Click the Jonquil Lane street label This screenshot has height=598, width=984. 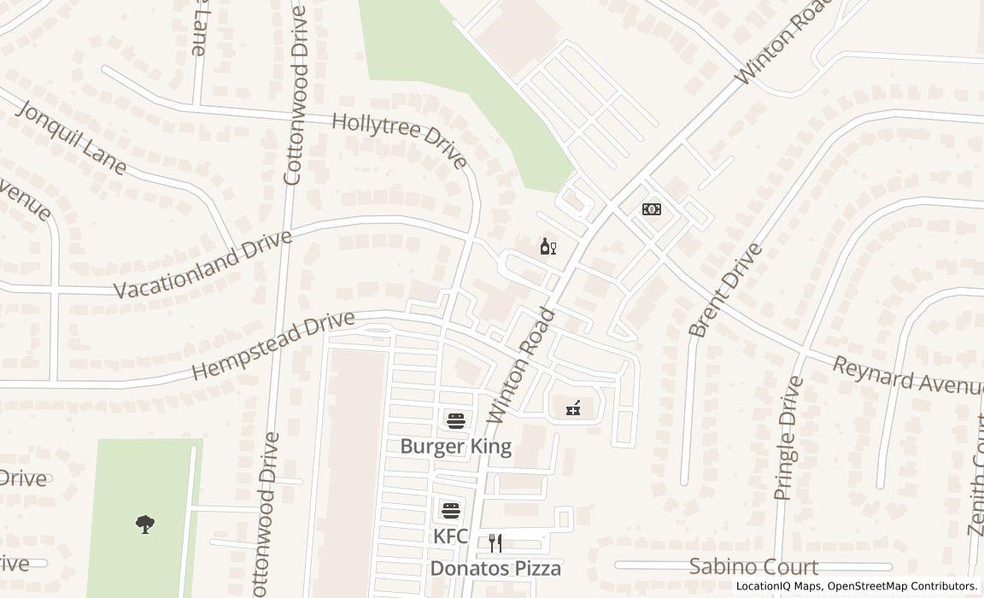click(71, 138)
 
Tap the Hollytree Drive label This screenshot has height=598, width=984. click(399, 142)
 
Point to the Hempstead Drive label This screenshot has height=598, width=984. click(272, 345)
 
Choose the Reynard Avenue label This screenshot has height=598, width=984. click(908, 376)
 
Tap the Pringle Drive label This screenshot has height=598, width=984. click(788, 438)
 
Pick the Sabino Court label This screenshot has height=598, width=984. click(753, 566)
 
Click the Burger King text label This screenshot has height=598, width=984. click(456, 446)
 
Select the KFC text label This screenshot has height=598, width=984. click(450, 536)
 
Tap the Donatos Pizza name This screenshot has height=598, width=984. click(495, 568)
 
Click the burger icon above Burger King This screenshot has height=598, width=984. click(456, 420)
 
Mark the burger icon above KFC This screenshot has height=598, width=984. click(451, 511)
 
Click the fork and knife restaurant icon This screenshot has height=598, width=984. click(495, 542)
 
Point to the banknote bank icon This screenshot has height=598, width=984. click(651, 209)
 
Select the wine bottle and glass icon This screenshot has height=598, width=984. click(548, 247)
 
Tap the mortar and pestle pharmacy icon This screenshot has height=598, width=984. click(573, 408)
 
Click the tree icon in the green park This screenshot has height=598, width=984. click(145, 524)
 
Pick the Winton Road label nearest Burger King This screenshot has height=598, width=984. click(521, 366)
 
